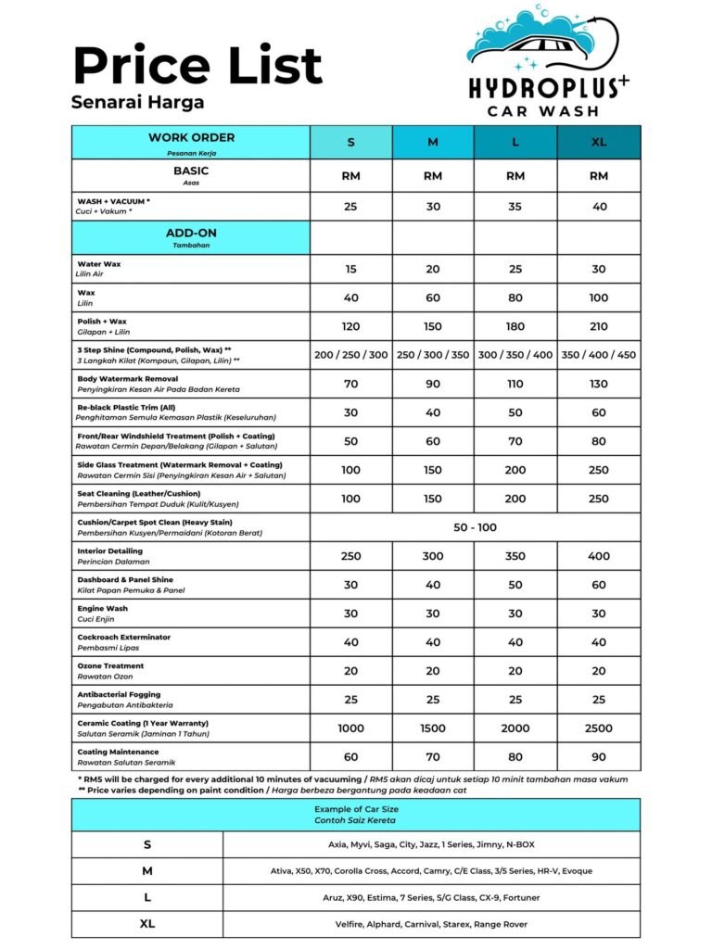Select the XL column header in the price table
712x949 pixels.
pos(599,142)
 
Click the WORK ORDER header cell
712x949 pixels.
pos(191,138)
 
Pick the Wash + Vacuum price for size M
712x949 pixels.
pos(433,207)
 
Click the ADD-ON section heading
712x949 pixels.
pos(191,233)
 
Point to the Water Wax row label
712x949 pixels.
pos(99,264)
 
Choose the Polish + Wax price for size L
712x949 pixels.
pos(515,326)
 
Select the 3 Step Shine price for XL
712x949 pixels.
pos(599,355)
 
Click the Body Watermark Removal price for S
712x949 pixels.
pos(350,384)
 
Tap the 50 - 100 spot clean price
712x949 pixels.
pos(475,526)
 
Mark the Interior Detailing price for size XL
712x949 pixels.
pos(599,556)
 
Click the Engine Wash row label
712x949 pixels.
pos(103,609)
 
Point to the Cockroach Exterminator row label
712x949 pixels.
pos(124,638)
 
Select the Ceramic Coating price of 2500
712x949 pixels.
pos(599,728)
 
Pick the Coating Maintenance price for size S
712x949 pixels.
pos(350,757)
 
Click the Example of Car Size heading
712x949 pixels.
pos(356,808)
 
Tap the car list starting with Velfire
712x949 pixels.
pos(431,924)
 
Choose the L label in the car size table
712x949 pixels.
pos(147,897)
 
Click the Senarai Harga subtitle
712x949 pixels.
pos(138,102)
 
